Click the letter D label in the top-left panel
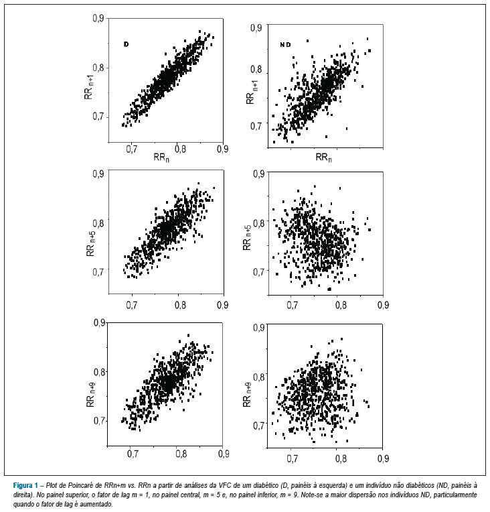(x=127, y=44)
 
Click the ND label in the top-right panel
(x=285, y=45)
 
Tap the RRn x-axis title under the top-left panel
(x=161, y=157)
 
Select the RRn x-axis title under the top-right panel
(x=323, y=157)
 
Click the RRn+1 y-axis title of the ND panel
(x=250, y=92)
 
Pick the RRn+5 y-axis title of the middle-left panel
(x=91, y=243)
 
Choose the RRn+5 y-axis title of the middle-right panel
(x=247, y=237)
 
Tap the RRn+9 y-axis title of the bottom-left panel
(x=90, y=395)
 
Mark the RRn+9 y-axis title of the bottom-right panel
(x=247, y=395)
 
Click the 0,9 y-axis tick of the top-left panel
(x=98, y=19)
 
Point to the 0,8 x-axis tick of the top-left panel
(x=180, y=149)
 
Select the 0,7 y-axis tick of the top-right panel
(x=256, y=126)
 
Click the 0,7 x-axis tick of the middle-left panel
(x=132, y=305)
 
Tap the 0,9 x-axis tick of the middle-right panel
(x=383, y=305)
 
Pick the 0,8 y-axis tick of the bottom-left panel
(x=100, y=372)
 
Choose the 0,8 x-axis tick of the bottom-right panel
(x=341, y=458)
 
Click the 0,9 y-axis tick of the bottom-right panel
(x=258, y=328)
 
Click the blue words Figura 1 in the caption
(x=25, y=486)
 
